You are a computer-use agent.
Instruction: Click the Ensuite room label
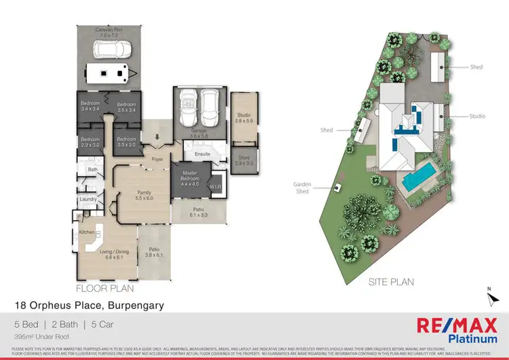click(202, 154)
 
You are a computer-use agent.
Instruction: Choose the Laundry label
click(88, 199)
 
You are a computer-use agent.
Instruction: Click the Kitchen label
click(86, 232)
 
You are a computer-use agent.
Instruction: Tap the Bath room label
click(93, 169)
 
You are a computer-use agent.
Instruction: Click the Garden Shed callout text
click(302, 188)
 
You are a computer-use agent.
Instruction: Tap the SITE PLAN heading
click(392, 281)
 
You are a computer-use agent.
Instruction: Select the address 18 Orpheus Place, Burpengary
click(90, 306)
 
